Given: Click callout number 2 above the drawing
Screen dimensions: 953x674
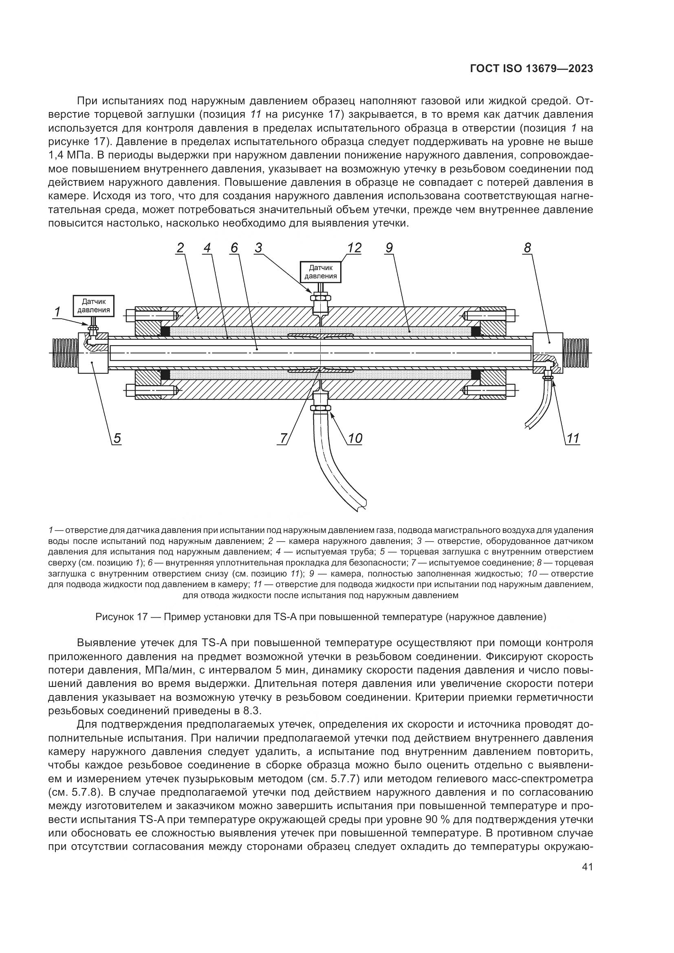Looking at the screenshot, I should (x=180, y=248).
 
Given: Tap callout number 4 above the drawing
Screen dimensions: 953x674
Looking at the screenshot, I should (x=207, y=248).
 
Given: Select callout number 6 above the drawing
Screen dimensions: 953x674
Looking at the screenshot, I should (x=234, y=248).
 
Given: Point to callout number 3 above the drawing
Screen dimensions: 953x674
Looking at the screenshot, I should (x=259, y=248).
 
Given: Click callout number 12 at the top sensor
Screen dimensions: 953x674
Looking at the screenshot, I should (x=355, y=248).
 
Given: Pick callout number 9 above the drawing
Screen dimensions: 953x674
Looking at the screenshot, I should (x=389, y=248).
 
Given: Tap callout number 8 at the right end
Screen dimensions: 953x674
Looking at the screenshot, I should (x=527, y=248).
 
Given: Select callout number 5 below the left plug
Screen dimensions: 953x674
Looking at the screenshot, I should (x=117, y=438).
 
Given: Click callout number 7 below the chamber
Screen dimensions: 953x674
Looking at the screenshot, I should (x=284, y=438).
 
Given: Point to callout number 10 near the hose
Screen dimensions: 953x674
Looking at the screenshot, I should (x=355, y=438).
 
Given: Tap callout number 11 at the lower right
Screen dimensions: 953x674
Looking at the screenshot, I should (x=573, y=438).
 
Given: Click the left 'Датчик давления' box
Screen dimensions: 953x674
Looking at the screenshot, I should (x=94, y=306).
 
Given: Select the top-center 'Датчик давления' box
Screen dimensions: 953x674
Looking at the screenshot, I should (x=320, y=272).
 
